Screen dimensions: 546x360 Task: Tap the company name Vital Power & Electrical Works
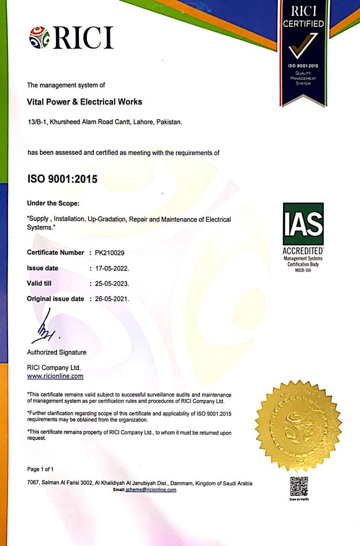(x=84, y=101)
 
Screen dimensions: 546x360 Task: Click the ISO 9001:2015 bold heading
(x=62, y=179)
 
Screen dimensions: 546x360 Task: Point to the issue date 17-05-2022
(x=111, y=268)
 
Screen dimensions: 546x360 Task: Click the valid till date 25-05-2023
(x=111, y=283)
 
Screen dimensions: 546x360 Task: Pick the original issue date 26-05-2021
(x=111, y=299)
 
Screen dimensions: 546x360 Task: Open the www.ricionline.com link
(x=55, y=376)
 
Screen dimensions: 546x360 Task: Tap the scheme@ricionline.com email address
(x=150, y=490)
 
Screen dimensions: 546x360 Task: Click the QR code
(x=299, y=485)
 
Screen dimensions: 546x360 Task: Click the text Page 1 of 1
(x=41, y=469)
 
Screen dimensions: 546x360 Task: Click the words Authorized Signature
(x=57, y=352)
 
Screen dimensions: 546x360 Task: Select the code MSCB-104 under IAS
(x=303, y=270)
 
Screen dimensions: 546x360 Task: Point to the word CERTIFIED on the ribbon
(x=303, y=23)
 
